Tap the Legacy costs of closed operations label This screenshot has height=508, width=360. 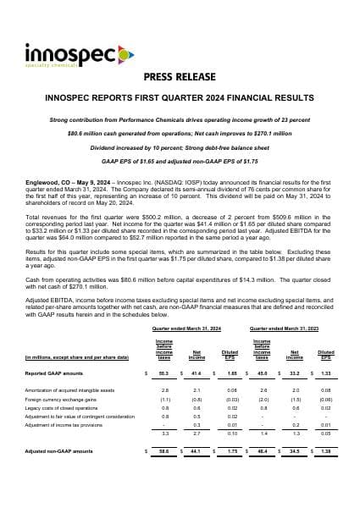point(64,406)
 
